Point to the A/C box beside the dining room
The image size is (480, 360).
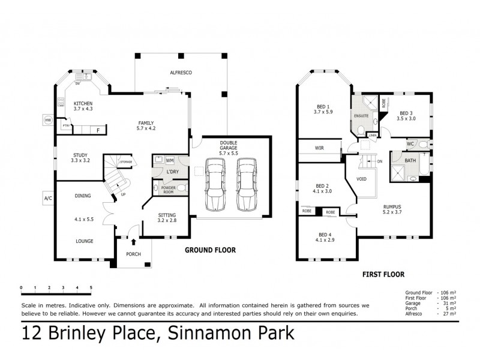click(47, 197)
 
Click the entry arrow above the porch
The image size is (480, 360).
click(133, 243)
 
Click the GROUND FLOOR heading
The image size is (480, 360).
click(209, 250)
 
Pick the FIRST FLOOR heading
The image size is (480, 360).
click(382, 274)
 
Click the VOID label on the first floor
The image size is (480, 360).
click(361, 179)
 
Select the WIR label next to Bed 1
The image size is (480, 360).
click(319, 148)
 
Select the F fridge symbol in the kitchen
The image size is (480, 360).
click(97, 129)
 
